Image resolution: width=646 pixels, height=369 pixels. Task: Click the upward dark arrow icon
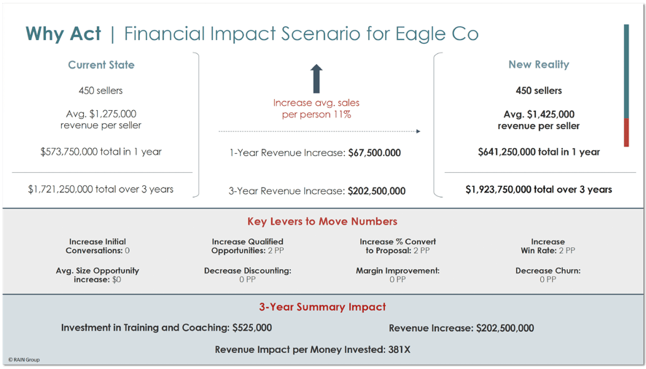[316, 79]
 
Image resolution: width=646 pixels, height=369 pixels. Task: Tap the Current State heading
[101, 65]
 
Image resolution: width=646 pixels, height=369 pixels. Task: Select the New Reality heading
[539, 65]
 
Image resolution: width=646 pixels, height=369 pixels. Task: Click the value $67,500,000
[375, 153]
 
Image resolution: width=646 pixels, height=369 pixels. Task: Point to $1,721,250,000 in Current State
[60, 190]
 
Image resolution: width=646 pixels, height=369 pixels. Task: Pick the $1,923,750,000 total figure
[498, 190]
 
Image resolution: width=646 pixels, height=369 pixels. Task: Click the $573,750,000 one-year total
[69, 152]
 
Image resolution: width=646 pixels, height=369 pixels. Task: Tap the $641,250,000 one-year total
[506, 152]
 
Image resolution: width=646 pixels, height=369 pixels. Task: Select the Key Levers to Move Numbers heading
[322, 222]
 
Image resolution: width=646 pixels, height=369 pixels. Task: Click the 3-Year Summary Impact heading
[322, 307]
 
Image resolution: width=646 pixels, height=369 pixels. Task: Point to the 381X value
[400, 349]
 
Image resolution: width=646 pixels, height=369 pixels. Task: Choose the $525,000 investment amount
[252, 327]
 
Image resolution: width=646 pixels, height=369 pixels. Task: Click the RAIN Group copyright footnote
[24, 360]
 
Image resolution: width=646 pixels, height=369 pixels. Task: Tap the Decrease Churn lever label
[548, 271]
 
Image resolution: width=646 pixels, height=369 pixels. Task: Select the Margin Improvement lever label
[397, 271]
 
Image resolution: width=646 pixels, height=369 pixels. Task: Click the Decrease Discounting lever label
[248, 271]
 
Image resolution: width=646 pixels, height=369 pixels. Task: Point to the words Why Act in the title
[63, 34]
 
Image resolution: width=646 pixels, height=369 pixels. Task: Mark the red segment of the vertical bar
[626, 132]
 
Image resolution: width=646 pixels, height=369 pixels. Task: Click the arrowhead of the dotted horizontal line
[419, 131]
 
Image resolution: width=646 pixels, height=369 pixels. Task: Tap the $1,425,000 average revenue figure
[550, 114]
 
